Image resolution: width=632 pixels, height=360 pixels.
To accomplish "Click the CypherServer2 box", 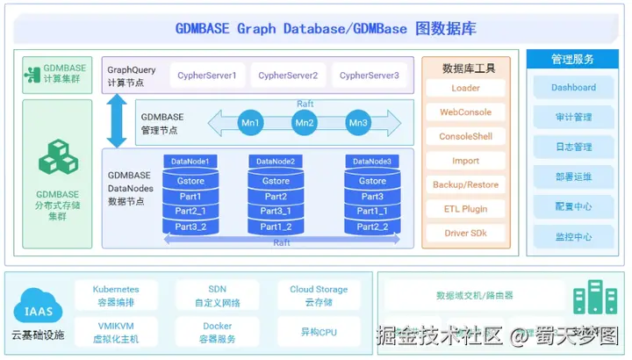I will [288, 76].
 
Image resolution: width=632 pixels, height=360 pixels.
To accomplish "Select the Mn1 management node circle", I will [251, 123].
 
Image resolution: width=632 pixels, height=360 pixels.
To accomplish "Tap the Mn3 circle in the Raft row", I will [358, 123].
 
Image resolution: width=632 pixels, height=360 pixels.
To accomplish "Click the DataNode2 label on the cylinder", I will [276, 162].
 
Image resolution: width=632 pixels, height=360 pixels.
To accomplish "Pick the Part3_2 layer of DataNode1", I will [190, 227].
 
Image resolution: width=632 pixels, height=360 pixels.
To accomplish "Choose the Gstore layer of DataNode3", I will [372, 182].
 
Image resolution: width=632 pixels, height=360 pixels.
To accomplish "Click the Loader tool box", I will [465, 89].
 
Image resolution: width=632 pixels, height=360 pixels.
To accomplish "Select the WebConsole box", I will [465, 112].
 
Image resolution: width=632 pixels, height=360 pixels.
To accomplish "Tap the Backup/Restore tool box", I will [465, 185].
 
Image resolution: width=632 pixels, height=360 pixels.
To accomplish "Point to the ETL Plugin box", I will [465, 210].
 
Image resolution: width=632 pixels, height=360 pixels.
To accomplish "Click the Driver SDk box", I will [465, 234].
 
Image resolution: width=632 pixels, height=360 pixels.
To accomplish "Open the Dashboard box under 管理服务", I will [573, 88].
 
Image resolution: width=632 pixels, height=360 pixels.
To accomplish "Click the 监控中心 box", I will [573, 237].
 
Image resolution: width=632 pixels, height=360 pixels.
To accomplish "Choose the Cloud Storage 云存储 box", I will [319, 295].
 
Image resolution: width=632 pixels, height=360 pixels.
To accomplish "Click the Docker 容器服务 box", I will [218, 332].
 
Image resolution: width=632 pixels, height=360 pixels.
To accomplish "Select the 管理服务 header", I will [573, 59].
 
